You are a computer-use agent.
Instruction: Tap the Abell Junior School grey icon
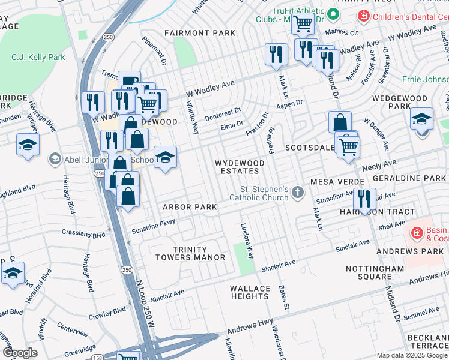[x=55, y=158]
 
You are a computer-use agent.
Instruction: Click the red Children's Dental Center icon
[x=363, y=16]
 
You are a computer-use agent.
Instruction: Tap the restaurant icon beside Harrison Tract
[x=364, y=200]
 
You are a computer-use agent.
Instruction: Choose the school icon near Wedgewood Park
[x=422, y=118]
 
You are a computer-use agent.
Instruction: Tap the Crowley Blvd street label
[x=107, y=312]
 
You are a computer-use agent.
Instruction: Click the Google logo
[x=20, y=353]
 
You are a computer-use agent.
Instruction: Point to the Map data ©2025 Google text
[x=411, y=355]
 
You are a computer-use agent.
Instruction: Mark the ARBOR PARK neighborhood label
[x=190, y=207]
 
